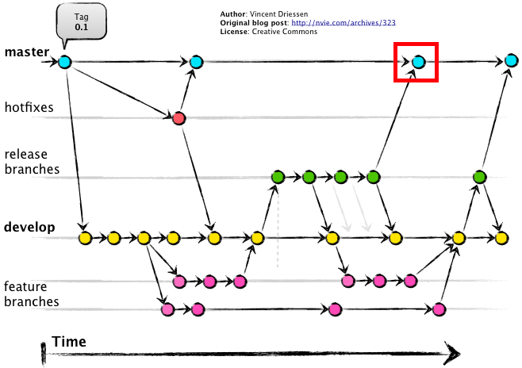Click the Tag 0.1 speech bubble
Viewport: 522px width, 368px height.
point(81,21)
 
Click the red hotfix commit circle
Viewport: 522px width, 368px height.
point(178,118)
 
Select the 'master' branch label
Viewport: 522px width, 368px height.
point(26,53)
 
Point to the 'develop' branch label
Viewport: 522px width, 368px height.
point(29,228)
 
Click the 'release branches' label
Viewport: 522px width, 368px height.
point(31,162)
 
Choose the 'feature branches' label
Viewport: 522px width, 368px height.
point(31,293)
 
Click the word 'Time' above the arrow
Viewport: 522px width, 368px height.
point(69,342)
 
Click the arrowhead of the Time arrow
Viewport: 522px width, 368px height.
point(453,351)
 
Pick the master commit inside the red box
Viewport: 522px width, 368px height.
point(418,61)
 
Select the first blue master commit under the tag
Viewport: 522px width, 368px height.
point(65,61)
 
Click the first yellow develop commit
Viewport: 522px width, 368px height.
point(85,237)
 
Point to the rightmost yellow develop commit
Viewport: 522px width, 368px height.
point(501,237)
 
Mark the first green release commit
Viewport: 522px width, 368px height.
point(277,176)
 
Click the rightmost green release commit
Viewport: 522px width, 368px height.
point(479,176)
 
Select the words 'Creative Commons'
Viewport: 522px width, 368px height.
point(290,32)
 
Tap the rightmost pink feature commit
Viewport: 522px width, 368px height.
point(440,309)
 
